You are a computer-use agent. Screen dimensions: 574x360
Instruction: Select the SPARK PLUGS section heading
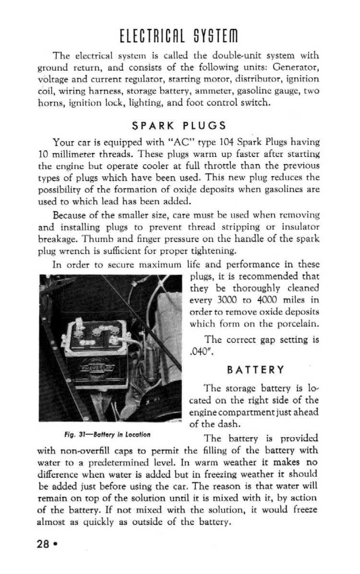pyautogui.click(x=179, y=126)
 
